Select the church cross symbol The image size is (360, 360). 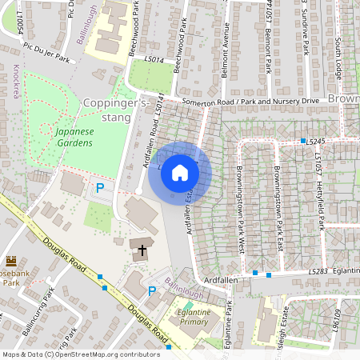click(142, 250)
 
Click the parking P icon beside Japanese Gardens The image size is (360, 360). click(100, 188)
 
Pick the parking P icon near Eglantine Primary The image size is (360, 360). click(152, 291)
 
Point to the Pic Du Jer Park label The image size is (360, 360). click(46, 53)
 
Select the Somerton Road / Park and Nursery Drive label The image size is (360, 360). click(250, 101)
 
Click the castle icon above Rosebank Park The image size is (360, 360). click(11, 261)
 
